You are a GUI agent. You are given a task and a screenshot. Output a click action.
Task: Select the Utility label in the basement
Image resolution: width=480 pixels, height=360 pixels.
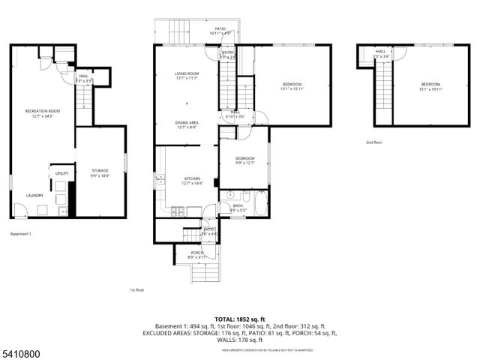pyautogui.click(x=61, y=173)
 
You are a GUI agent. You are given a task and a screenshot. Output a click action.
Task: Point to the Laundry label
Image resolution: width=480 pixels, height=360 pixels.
pyautogui.click(x=34, y=196)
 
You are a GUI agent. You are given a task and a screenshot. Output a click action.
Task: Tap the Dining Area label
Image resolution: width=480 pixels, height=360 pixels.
pyautogui.click(x=186, y=124)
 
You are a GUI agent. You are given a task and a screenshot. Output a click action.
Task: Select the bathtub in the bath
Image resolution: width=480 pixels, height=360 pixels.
pyautogui.click(x=259, y=201)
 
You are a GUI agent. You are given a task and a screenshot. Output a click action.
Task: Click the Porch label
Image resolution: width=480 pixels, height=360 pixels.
pyautogui.click(x=197, y=254)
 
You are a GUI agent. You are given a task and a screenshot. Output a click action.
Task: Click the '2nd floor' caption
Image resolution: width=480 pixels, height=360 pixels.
pyautogui.click(x=373, y=141)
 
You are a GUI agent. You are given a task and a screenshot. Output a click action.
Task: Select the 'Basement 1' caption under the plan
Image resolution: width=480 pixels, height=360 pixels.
pyautogui.click(x=21, y=234)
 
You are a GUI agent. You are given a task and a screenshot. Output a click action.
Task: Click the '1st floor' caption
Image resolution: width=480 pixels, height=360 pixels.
pyautogui.click(x=136, y=289)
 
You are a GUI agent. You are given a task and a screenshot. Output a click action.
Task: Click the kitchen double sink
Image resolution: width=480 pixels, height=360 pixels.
pyautogui.click(x=160, y=180)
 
